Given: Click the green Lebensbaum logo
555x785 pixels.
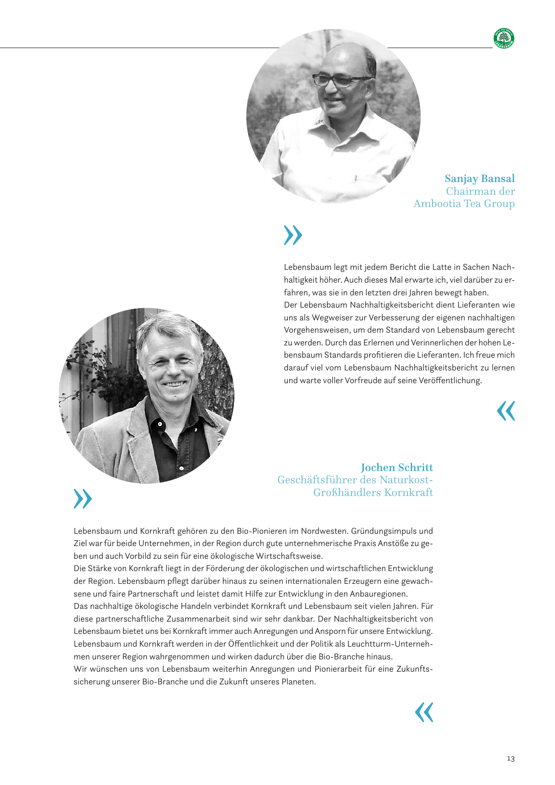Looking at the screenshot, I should [504, 38].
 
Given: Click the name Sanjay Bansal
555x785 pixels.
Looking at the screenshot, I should [479, 179].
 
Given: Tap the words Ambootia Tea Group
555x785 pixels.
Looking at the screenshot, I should [464, 204].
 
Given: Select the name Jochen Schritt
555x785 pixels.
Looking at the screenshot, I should [397, 468].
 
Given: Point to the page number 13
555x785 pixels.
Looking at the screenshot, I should [510, 759].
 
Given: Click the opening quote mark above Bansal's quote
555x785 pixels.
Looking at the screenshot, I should [293, 235].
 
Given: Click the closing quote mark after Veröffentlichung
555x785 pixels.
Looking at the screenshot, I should [506, 411].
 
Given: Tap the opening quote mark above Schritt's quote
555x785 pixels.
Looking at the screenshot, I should [82, 498].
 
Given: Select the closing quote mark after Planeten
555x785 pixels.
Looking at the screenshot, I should [424, 712].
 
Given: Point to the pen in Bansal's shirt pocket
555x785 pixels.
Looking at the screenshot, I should [356, 178].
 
